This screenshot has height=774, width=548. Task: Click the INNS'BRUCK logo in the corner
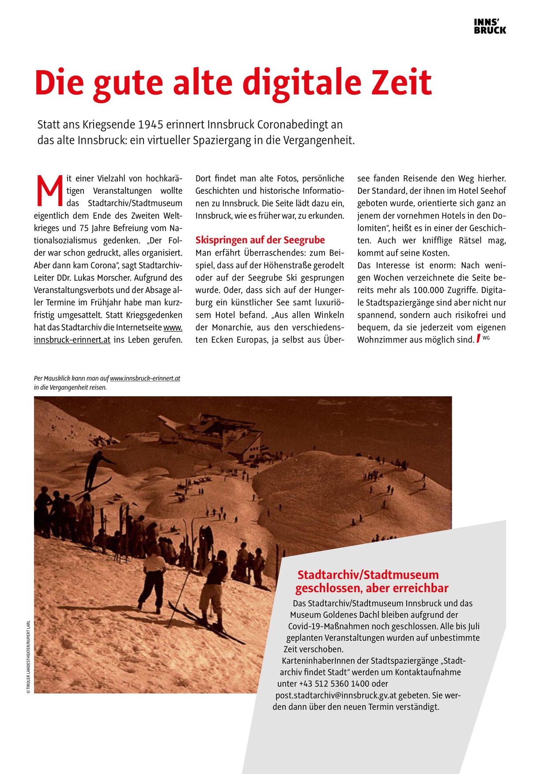[x=490, y=26]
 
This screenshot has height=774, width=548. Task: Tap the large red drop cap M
[x=49, y=191]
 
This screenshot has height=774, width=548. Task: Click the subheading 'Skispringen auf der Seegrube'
[x=260, y=240]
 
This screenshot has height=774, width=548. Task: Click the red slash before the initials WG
[x=478, y=339]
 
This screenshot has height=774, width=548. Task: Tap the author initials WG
[x=486, y=338]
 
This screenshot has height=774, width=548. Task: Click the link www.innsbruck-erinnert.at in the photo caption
[x=145, y=379]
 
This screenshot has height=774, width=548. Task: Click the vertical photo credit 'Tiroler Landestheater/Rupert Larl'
[x=28, y=657]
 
